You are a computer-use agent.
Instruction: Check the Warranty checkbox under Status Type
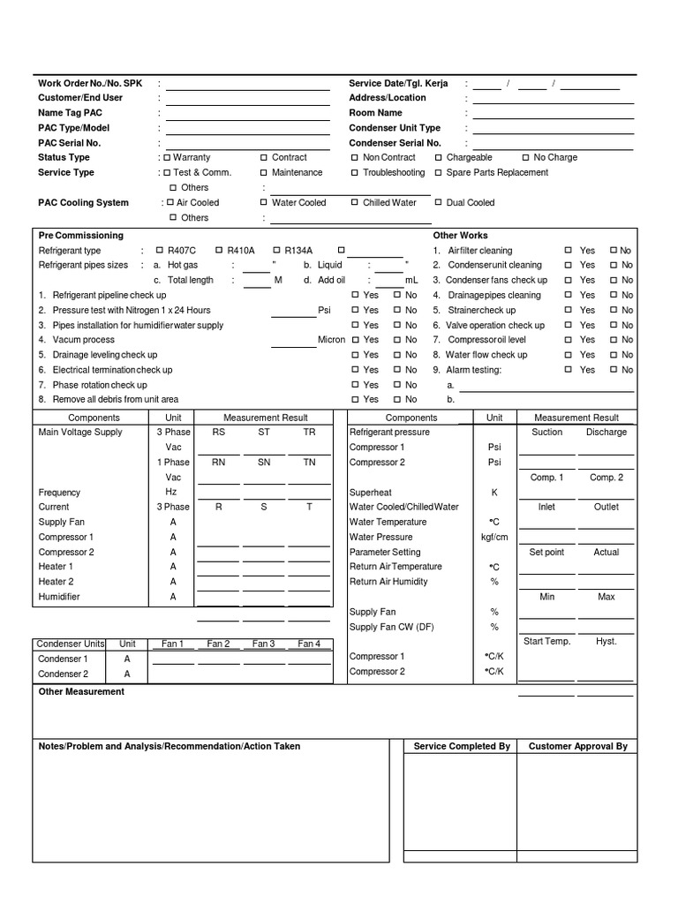(167, 157)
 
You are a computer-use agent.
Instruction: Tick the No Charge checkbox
(526, 157)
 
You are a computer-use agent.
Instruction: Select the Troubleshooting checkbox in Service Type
(355, 172)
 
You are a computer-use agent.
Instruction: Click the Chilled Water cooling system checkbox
(355, 202)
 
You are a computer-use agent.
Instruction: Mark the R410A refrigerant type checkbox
(219, 250)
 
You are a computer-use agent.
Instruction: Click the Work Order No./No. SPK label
(89, 83)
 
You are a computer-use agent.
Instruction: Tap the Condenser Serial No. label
(395, 142)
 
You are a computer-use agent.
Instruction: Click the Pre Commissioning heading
(81, 236)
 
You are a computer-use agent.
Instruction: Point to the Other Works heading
(460, 236)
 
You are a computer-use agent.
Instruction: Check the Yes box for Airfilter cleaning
(569, 251)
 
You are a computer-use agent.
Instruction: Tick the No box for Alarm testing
(614, 370)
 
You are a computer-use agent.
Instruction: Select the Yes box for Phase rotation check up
(355, 385)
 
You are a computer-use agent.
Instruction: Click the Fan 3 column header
(263, 644)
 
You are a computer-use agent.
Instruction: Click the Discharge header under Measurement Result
(606, 432)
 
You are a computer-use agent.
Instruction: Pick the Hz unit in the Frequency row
(172, 492)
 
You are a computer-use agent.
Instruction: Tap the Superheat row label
(371, 492)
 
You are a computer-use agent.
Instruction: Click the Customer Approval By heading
(577, 746)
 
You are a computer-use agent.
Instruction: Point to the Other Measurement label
(81, 691)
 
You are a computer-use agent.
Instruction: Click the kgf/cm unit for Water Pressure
(493, 537)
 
